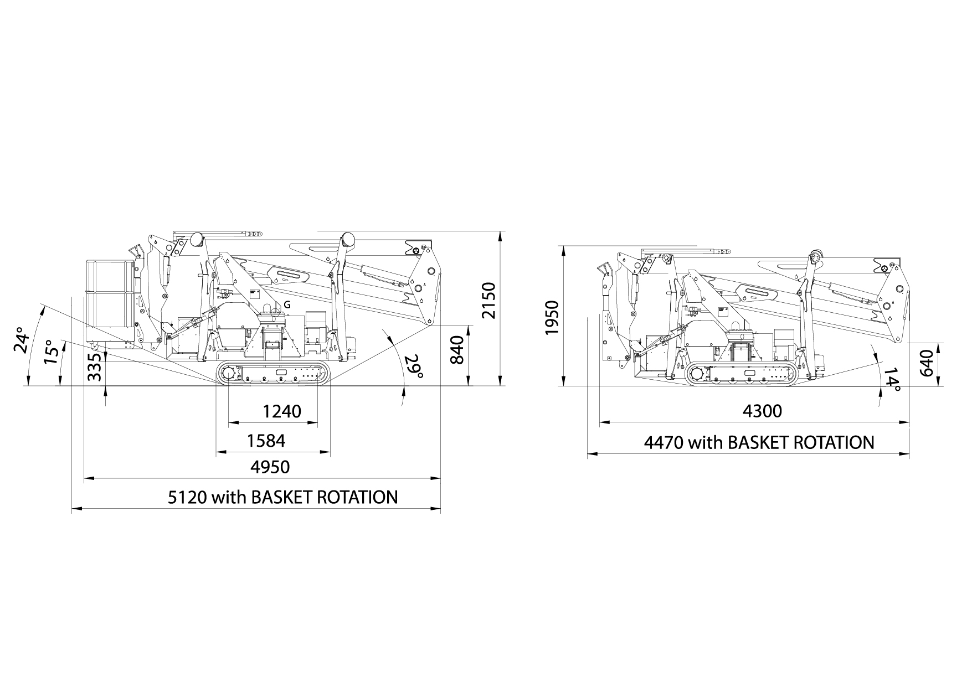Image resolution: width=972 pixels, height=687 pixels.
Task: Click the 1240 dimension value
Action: tap(282, 411)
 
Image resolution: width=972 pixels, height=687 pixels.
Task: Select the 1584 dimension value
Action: tap(266, 441)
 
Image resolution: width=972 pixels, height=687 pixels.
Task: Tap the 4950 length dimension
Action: tap(270, 467)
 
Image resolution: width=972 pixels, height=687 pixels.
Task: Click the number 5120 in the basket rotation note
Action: tap(188, 497)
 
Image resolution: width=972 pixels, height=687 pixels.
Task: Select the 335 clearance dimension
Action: tap(95, 366)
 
